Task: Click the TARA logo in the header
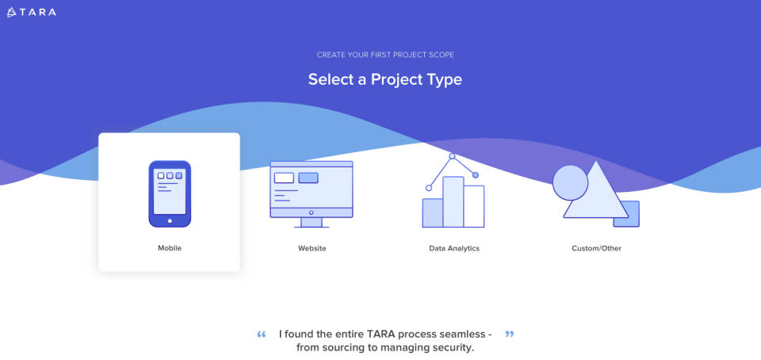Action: tap(32, 12)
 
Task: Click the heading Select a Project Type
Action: tap(384, 79)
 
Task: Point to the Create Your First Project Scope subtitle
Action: tap(385, 55)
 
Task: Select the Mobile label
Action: tap(170, 248)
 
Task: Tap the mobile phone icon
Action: tap(170, 193)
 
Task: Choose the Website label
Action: tap(312, 248)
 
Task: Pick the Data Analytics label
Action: tap(454, 248)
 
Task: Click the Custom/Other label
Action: tap(596, 248)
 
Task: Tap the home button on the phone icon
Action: tap(170, 220)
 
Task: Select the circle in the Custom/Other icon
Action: tap(570, 182)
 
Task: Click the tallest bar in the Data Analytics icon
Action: tap(453, 202)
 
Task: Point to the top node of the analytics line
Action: tap(453, 156)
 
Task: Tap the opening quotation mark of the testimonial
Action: tap(262, 334)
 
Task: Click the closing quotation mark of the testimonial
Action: tap(509, 334)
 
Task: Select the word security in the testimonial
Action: tap(449, 347)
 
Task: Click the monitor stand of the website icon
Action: tap(311, 222)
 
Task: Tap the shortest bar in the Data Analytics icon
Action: tap(433, 213)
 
